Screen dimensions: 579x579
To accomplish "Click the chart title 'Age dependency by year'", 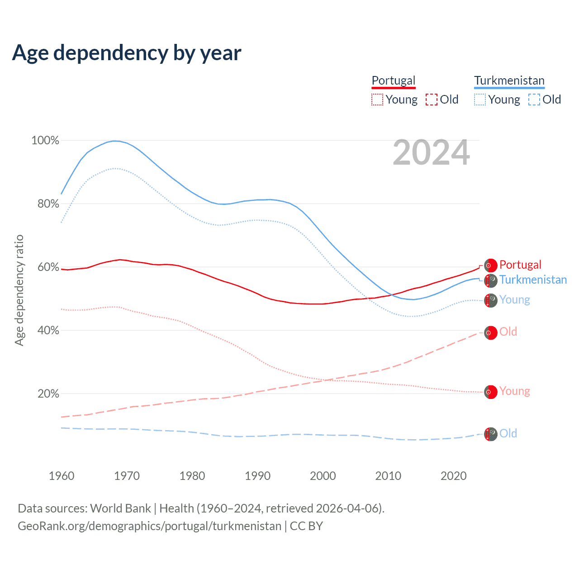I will pyautogui.click(x=127, y=53).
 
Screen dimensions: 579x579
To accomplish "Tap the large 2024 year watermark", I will pyautogui.click(x=431, y=153).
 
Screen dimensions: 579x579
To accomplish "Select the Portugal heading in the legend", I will pyautogui.click(x=393, y=81).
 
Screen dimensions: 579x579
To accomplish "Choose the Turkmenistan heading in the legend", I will pyautogui.click(x=509, y=81).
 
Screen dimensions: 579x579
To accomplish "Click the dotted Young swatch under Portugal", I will pyautogui.click(x=377, y=100).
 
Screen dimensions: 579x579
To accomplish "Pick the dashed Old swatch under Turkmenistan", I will pyautogui.click(x=534, y=100).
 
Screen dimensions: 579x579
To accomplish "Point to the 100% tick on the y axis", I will pyautogui.click(x=45, y=141).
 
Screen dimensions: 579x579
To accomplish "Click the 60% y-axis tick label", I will pyautogui.click(x=48, y=267).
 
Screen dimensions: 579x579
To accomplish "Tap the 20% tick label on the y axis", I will pyautogui.click(x=48, y=394).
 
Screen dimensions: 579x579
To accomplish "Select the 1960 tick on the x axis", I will pyautogui.click(x=62, y=476).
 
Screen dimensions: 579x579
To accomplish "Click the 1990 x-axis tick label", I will pyautogui.click(x=257, y=476).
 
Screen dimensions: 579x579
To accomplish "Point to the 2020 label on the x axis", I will pyautogui.click(x=453, y=476).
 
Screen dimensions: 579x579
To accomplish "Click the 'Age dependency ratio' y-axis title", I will pyautogui.click(x=19, y=290).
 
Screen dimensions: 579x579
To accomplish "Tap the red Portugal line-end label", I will pyautogui.click(x=520, y=265).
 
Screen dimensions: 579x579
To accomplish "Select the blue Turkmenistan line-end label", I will pyautogui.click(x=533, y=280).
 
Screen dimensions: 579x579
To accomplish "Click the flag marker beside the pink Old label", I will pyautogui.click(x=491, y=333).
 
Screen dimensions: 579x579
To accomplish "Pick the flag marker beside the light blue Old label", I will pyautogui.click(x=491, y=434).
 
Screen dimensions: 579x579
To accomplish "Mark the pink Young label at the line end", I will pyautogui.click(x=514, y=391).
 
